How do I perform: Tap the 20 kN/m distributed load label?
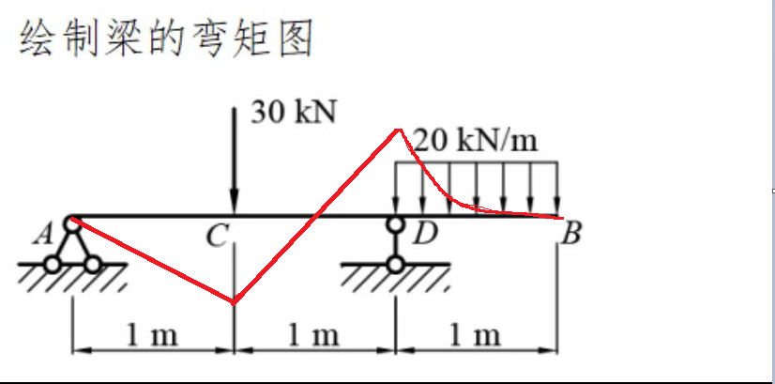tap(477, 142)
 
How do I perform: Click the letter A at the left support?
tap(41, 237)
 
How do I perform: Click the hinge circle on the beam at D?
tap(397, 223)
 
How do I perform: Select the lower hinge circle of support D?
tap(397, 264)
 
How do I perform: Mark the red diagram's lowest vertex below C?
tap(234, 302)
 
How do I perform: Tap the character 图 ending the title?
tap(293, 40)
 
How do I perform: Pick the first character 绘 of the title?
tap(35, 40)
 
